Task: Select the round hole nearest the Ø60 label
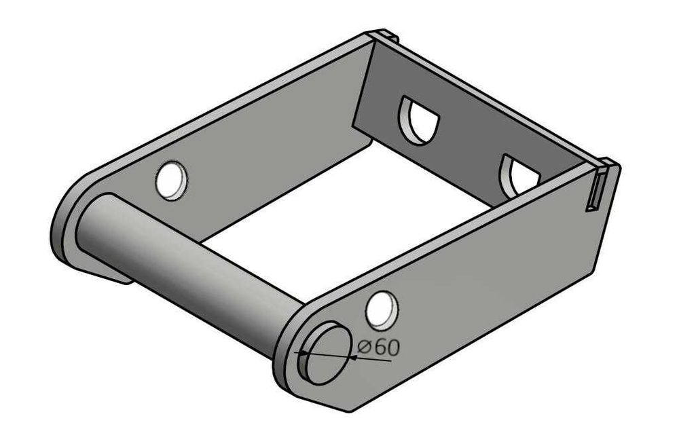coord(382,310)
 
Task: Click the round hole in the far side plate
coord(172,181)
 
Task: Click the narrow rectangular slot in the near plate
coord(595,191)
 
